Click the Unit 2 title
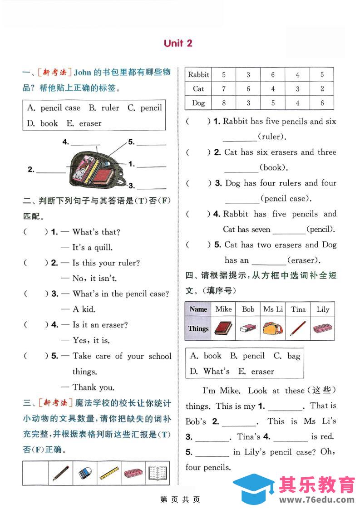178,43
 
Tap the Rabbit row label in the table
198,75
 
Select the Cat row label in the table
198,89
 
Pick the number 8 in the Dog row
223,103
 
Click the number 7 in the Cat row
223,89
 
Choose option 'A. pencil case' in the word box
54,108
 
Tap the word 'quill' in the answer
103,248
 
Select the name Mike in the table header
223,309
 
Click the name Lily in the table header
323,309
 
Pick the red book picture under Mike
223,328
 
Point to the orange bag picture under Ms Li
273,328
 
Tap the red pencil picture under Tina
298,328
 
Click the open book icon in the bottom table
157,473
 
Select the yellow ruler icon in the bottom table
109,473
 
